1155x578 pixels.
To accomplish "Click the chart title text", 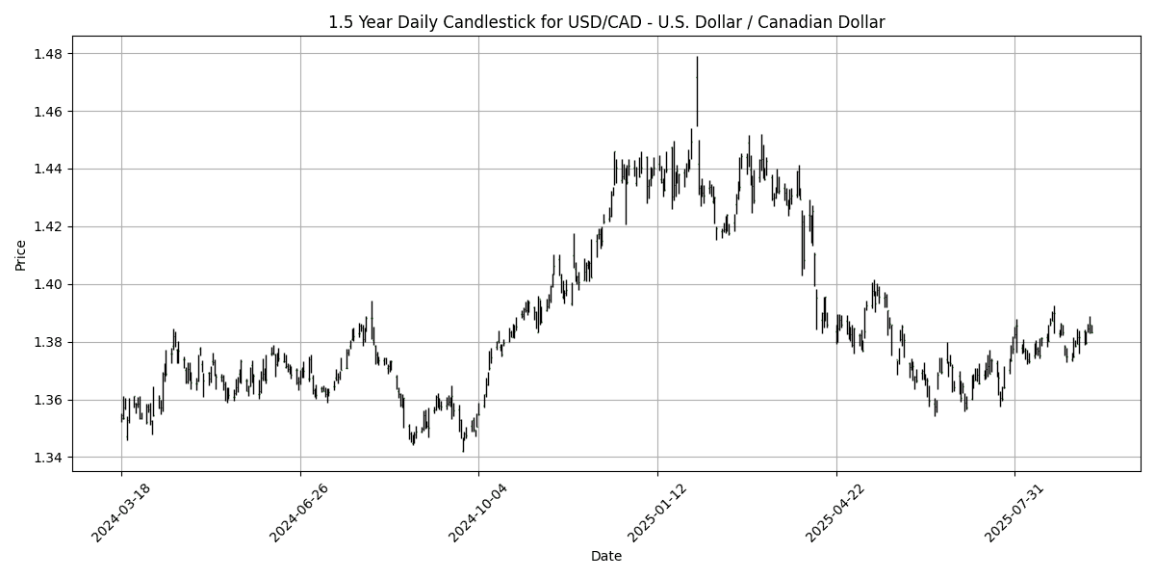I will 606,21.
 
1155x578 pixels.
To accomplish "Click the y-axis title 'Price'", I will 20,254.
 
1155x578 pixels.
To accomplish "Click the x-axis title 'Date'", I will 606,556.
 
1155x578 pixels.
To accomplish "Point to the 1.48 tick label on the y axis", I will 49,54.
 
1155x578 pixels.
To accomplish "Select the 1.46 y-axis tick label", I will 49,112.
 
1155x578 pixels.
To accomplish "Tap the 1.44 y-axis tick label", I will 49,170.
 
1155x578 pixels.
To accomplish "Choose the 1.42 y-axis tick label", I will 49,227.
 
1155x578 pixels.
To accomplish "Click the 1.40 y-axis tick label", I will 49,285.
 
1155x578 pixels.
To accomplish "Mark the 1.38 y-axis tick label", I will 49,342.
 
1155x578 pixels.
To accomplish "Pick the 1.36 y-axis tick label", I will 49,400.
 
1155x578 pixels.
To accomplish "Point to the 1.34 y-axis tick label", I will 49,458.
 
